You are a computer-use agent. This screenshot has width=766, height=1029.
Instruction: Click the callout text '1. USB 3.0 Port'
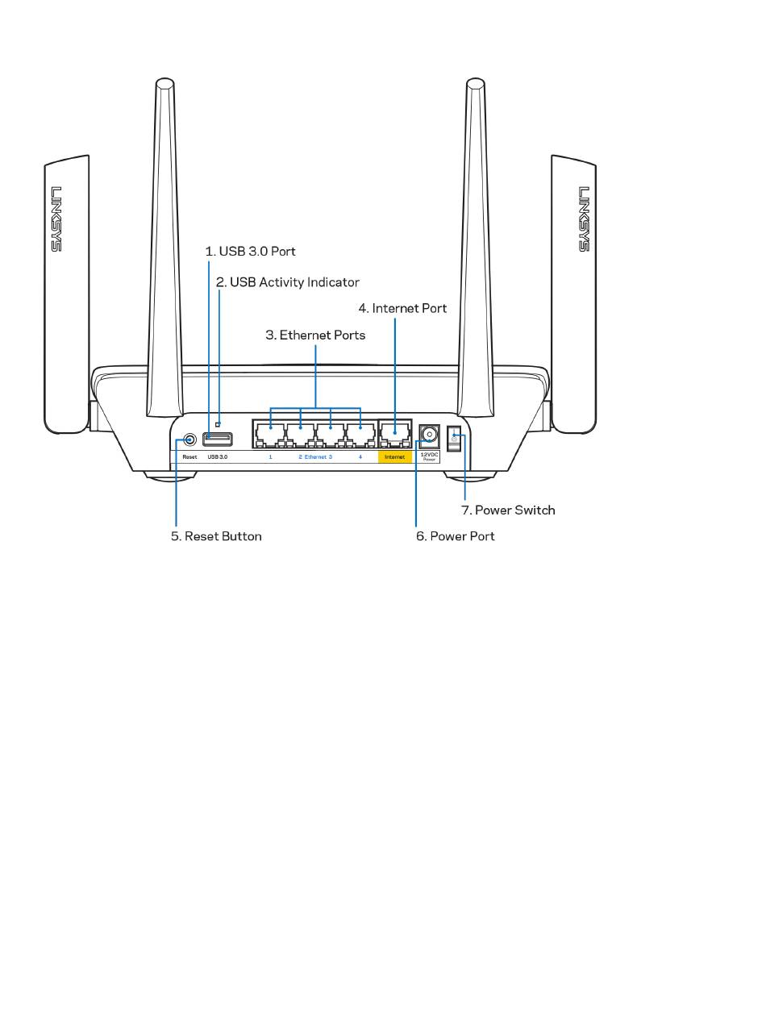pos(250,252)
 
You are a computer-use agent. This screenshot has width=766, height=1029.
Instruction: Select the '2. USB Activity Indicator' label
pos(287,282)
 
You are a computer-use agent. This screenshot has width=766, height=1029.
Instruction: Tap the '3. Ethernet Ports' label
pos(315,335)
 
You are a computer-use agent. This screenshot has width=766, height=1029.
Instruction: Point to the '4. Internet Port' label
pos(402,308)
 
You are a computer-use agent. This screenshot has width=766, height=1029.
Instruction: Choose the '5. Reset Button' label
pos(216,536)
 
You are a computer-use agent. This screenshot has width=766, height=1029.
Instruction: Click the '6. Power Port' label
pos(456,536)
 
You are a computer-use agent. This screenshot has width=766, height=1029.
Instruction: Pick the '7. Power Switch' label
pos(508,510)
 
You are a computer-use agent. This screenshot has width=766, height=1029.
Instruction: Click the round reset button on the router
pos(189,440)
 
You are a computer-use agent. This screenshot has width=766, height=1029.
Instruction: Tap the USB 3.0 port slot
pos(218,440)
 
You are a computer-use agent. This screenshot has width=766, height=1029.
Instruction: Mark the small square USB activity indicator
pos(218,425)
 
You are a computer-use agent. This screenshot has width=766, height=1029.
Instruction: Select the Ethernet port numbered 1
pos(270,435)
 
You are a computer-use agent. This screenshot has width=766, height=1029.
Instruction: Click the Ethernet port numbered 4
pos(360,435)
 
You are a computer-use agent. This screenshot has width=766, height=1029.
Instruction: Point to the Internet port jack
pos(395,435)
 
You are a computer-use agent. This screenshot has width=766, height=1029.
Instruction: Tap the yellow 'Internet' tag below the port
pos(395,457)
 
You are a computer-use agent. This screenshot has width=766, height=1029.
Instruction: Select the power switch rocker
pos(454,438)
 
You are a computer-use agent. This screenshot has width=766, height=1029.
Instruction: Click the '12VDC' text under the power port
pos(429,454)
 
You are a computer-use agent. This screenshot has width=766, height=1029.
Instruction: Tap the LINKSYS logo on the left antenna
pos(56,219)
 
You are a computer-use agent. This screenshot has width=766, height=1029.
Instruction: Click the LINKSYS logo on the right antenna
pos(584,219)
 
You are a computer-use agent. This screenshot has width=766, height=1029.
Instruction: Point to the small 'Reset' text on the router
pos(189,457)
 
